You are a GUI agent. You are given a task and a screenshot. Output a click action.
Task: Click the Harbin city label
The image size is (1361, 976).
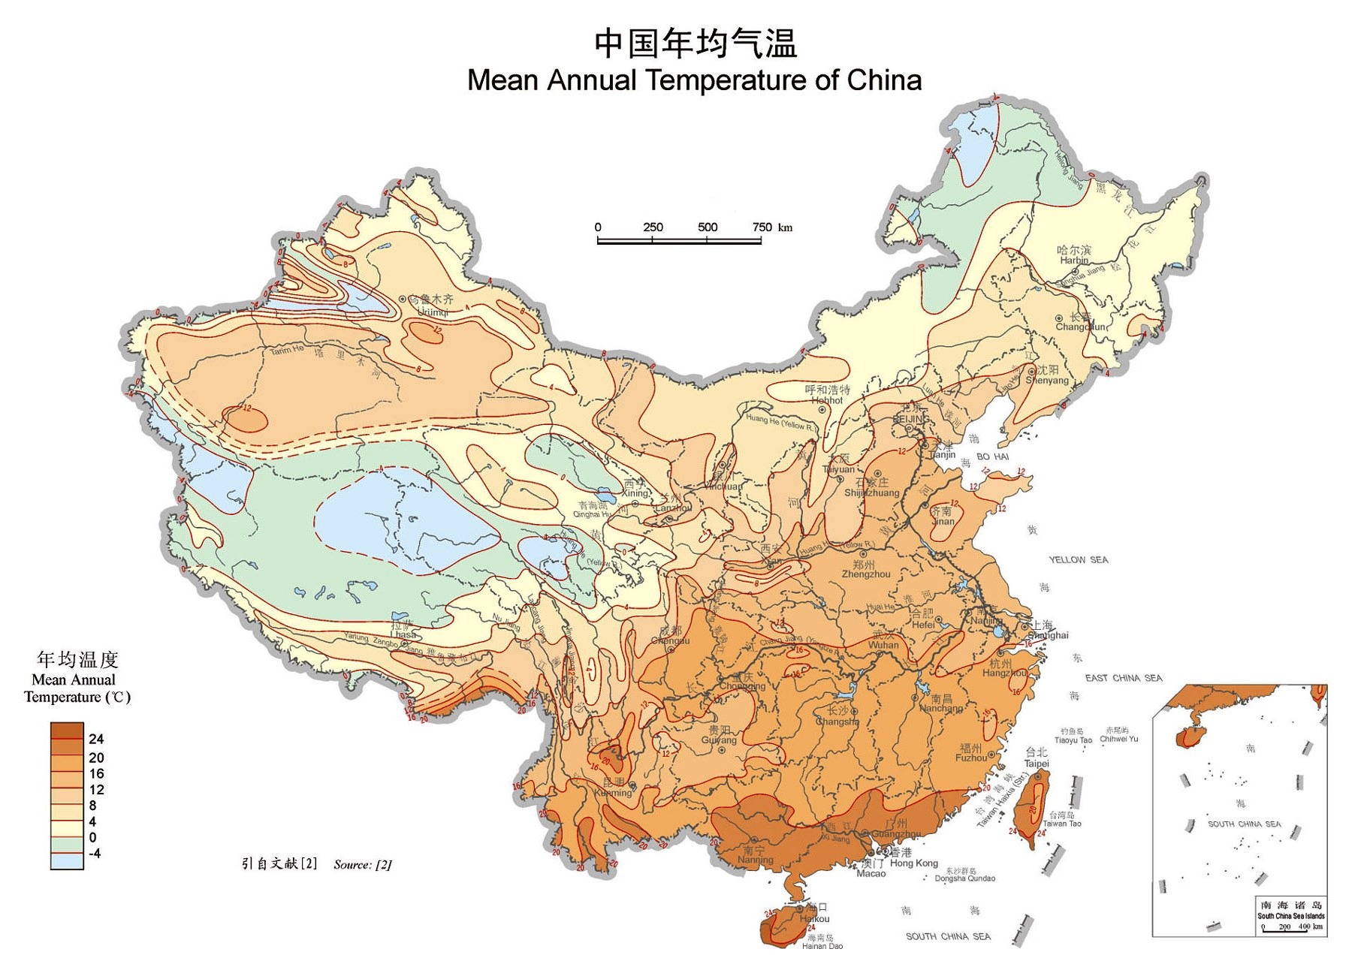pyautogui.click(x=1074, y=261)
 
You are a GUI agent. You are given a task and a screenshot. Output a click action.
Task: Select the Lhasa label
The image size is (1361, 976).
pyautogui.click(x=403, y=634)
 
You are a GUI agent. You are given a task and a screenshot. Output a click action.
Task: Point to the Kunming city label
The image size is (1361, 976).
pyautogui.click(x=613, y=793)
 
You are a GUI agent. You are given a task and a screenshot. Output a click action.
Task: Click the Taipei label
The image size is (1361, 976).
pyautogui.click(x=1037, y=764)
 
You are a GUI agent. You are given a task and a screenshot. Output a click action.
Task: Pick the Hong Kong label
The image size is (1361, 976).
pyautogui.click(x=913, y=863)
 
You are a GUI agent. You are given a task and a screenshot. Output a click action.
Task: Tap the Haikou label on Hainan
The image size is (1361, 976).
pyautogui.click(x=815, y=919)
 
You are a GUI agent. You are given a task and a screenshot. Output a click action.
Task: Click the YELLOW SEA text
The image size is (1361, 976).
pyautogui.click(x=1078, y=560)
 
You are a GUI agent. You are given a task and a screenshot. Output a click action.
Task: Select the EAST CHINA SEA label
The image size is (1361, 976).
pyautogui.click(x=1123, y=678)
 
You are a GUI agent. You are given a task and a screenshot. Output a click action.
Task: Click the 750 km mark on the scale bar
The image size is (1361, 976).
pyautogui.click(x=762, y=227)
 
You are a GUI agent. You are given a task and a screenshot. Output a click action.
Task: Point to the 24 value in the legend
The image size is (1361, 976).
pyautogui.click(x=96, y=740)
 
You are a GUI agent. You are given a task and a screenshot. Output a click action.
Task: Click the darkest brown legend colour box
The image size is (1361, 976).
pyautogui.click(x=67, y=730)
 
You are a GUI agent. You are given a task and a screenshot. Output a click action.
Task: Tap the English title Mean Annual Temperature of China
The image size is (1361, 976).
pyautogui.click(x=694, y=80)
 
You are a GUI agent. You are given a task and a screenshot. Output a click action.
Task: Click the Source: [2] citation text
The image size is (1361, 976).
pyautogui.click(x=362, y=865)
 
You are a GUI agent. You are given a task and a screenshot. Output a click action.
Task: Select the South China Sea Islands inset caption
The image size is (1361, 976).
pyautogui.click(x=1290, y=916)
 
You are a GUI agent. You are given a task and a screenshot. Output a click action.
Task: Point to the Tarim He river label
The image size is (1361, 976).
pyautogui.click(x=287, y=351)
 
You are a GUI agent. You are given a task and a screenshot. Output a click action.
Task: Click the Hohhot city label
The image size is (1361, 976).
pyautogui.click(x=827, y=400)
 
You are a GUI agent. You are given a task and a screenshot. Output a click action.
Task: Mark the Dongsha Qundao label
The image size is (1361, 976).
pyautogui.click(x=964, y=878)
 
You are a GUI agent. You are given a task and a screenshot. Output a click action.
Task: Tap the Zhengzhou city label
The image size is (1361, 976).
pyautogui.click(x=865, y=574)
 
